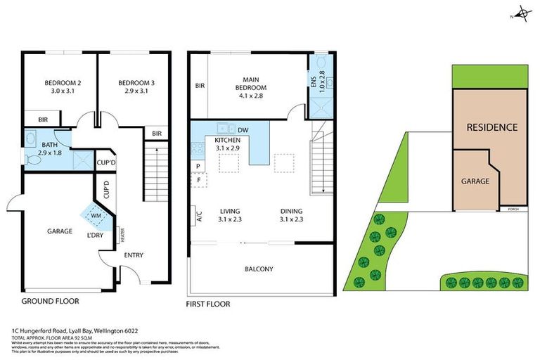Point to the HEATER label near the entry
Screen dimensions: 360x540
[x=122, y=233]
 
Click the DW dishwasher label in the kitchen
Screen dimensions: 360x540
[x=243, y=130]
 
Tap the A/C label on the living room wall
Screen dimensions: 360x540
[x=200, y=216]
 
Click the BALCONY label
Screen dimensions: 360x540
[x=259, y=269]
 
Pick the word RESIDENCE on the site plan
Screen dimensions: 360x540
[x=492, y=127]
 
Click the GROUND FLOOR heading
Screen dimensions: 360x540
[x=50, y=301]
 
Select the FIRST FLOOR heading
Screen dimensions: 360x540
[x=208, y=304]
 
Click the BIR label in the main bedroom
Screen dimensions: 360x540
[x=200, y=86]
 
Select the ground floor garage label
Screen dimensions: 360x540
[x=60, y=231]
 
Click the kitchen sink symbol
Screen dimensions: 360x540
[x=226, y=129]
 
